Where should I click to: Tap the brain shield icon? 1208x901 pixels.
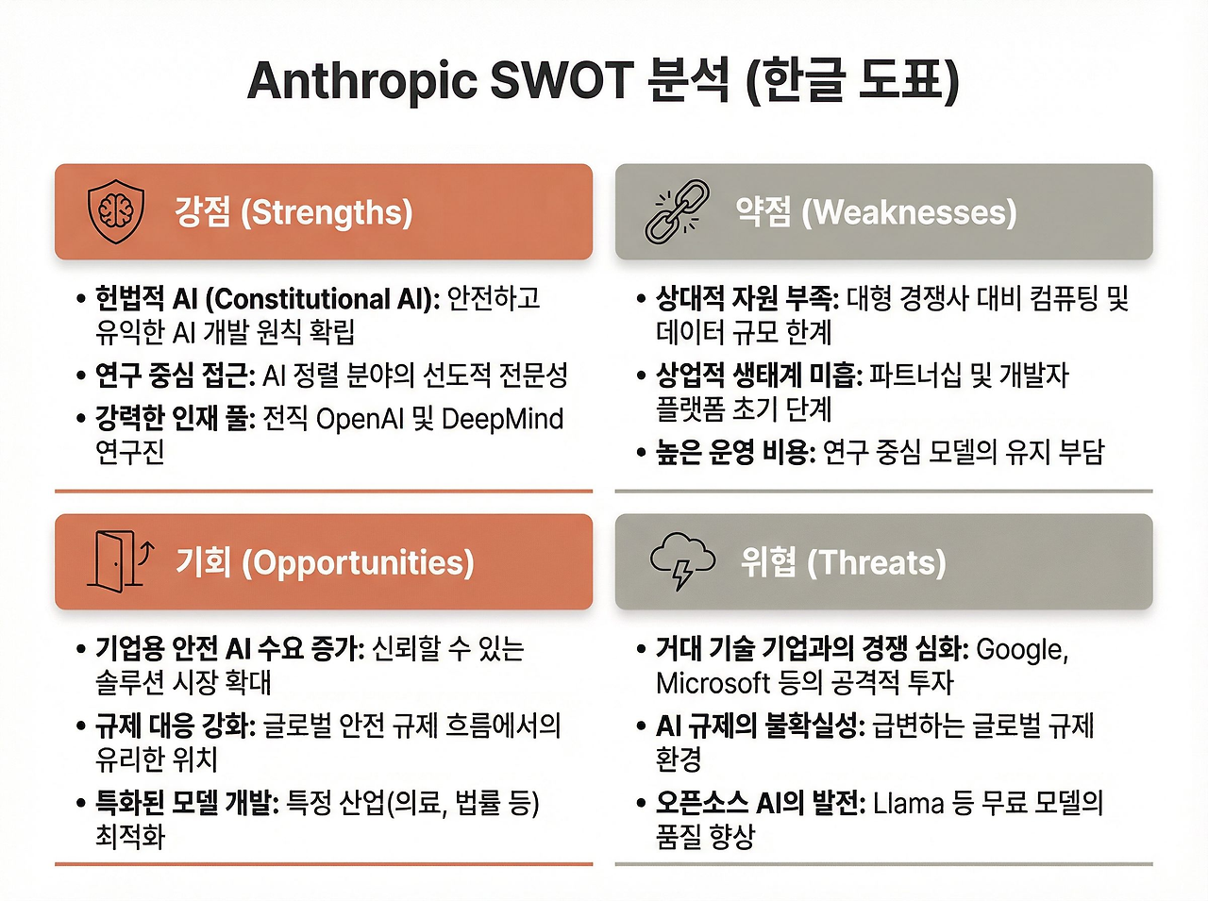coord(116,212)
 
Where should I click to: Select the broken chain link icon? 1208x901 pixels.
coord(677,211)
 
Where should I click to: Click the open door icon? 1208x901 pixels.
coord(120,561)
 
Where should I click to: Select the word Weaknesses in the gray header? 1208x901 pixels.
coord(909,212)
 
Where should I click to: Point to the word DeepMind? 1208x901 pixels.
coord(502,420)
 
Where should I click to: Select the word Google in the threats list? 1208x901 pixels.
coord(1022,651)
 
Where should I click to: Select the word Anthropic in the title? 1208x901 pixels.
coord(362,81)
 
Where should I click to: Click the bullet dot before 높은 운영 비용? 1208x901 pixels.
coord(641,453)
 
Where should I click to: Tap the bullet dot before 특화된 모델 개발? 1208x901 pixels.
coord(81,804)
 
